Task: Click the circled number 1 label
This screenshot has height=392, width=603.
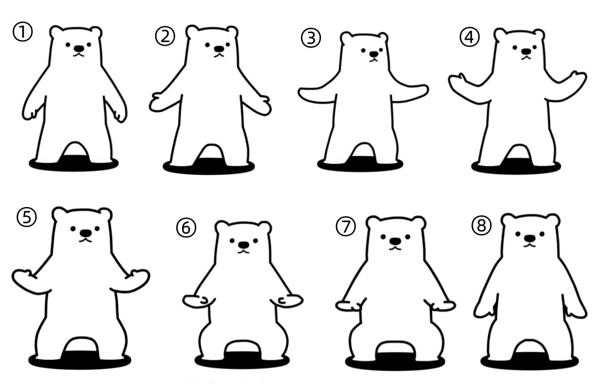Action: tap(22, 32)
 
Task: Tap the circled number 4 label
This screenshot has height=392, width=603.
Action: tap(469, 37)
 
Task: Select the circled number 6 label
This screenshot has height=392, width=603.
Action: tap(186, 228)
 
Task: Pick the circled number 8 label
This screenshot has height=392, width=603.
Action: tap(482, 226)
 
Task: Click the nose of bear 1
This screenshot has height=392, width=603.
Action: tap(79, 48)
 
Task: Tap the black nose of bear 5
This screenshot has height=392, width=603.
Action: tap(86, 233)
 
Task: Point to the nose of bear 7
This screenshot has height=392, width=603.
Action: tap(395, 241)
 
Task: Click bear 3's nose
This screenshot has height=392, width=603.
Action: tap(373, 54)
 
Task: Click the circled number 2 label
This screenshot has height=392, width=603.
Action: tap(165, 36)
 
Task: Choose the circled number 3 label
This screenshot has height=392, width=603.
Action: tap(311, 38)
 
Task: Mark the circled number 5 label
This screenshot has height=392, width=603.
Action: tap(26, 217)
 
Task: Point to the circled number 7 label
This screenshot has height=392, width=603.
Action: tap(346, 226)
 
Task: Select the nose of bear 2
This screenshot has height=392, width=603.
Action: tap(219, 49)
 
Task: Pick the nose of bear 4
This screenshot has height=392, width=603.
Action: tap(526, 51)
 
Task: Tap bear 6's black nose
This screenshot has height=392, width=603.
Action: tap(244, 245)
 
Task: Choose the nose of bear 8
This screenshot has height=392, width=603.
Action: tap(530, 238)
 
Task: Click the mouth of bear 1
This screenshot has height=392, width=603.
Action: tap(79, 55)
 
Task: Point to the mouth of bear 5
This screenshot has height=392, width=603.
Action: tap(86, 240)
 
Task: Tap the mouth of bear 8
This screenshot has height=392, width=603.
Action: tap(529, 245)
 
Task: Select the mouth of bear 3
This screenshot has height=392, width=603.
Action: tap(373, 60)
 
